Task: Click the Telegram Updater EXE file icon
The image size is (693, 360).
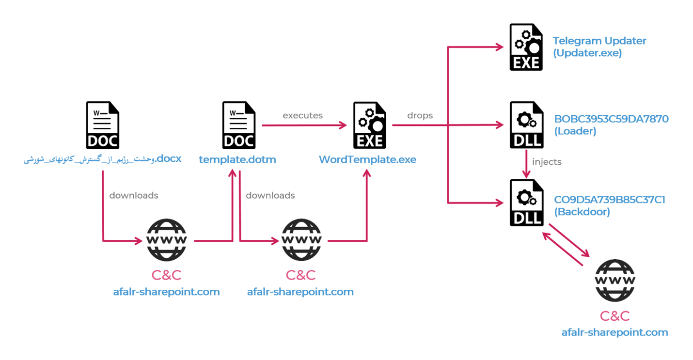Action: coord(526,47)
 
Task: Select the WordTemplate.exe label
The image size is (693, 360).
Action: coord(367,159)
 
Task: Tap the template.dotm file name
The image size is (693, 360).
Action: coord(237,159)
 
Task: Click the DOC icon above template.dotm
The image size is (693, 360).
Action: coord(239,125)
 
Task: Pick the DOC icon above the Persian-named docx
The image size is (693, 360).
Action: coord(103,125)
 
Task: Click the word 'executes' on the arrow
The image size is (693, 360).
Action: coord(302,116)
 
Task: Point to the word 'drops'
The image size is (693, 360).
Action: coord(420,116)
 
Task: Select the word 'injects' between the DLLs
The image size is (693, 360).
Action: coord(547,162)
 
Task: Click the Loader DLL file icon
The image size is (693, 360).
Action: coord(526,125)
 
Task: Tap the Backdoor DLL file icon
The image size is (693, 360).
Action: coord(526,203)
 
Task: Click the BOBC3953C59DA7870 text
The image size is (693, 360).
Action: coord(611,119)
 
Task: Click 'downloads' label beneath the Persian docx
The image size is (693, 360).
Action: coord(134,196)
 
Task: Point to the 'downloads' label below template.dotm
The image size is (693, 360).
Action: coord(270,196)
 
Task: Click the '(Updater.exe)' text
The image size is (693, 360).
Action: coord(587,53)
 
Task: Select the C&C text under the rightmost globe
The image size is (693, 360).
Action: coord(614,316)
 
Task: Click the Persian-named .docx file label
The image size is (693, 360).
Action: coord(103,159)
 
